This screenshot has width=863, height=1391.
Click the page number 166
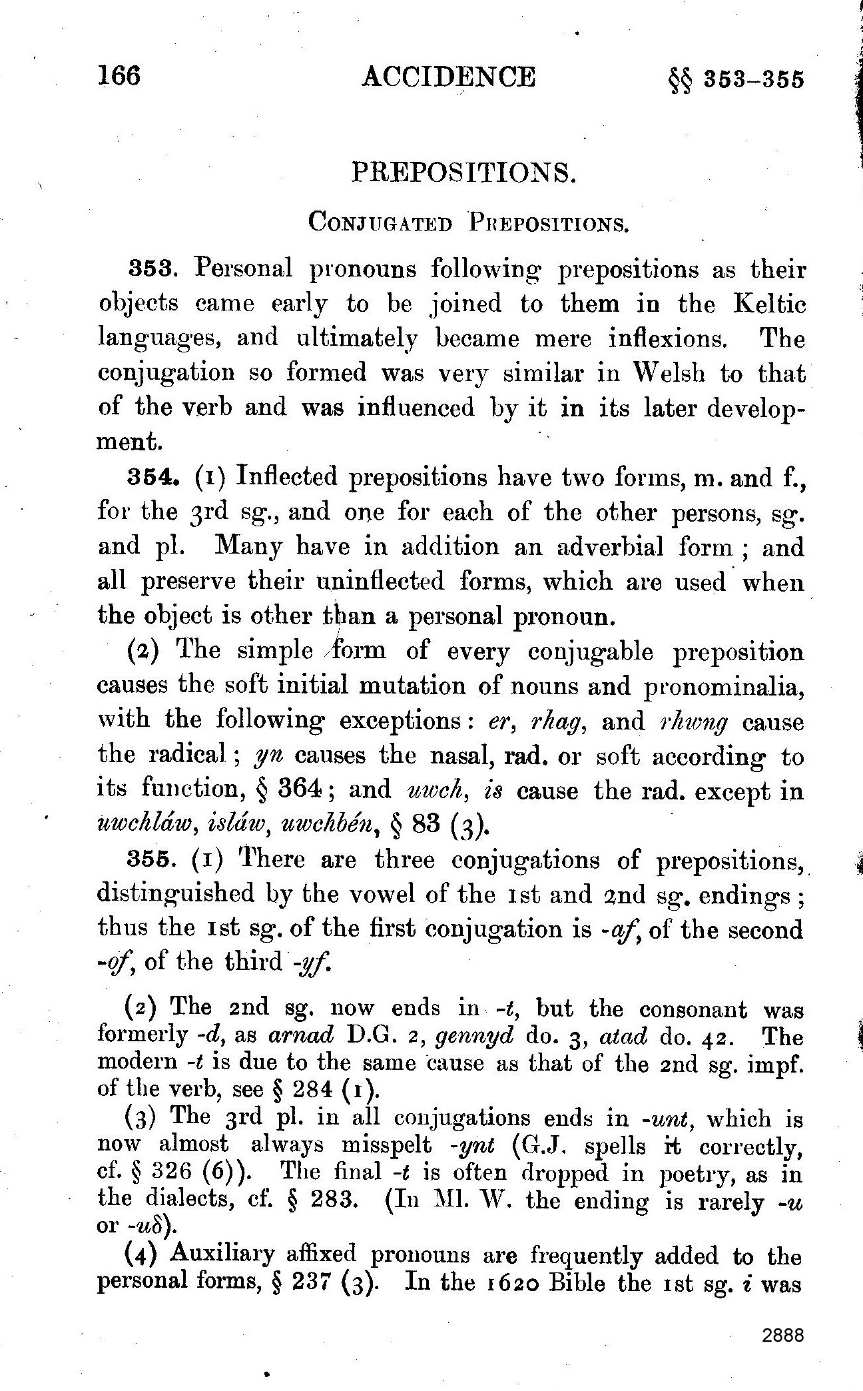tap(120, 76)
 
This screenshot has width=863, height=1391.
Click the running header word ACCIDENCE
tap(448, 77)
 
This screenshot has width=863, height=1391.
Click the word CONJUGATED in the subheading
tap(380, 223)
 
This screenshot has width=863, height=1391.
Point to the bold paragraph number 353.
tap(151, 270)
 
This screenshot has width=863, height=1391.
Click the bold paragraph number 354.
tap(152, 478)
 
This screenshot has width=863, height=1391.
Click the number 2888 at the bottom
tap(784, 1334)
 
